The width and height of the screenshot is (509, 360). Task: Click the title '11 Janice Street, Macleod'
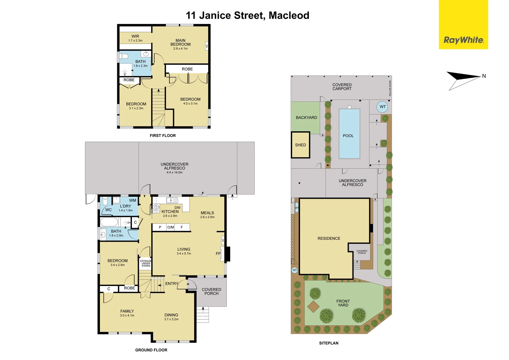[x=248, y=15]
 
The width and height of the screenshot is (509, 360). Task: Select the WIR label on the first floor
[x=135, y=36]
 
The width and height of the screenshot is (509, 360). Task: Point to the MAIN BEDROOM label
[x=181, y=42]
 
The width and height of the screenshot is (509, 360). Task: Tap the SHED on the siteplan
[x=300, y=145]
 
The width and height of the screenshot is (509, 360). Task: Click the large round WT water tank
[x=383, y=107]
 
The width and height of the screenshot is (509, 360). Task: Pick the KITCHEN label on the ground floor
[x=170, y=212]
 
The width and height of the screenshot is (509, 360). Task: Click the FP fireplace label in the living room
[x=218, y=254]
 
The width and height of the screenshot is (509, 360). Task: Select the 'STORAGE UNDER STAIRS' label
[x=146, y=263]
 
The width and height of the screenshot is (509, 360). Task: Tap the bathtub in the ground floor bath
[x=109, y=222]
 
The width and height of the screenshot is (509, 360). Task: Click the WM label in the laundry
[x=133, y=200]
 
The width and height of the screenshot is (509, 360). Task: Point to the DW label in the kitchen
[x=178, y=208]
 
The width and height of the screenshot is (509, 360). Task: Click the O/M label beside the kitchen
[x=171, y=227]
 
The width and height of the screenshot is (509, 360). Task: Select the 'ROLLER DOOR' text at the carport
[x=390, y=88]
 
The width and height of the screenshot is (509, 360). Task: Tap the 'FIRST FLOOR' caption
[x=163, y=136]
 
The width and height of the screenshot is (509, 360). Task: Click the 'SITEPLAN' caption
[x=328, y=343]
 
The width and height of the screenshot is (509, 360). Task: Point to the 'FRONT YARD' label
[x=343, y=303]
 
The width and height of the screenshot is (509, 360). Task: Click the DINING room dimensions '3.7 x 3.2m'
[x=171, y=319]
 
